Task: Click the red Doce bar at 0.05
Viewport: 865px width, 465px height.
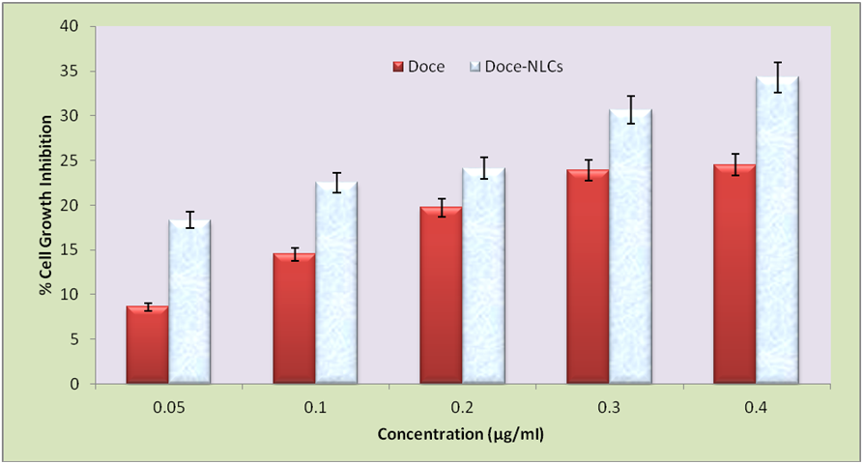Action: click(147, 345)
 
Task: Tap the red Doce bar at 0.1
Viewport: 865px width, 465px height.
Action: click(294, 319)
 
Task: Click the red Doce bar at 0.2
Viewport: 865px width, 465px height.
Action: click(441, 295)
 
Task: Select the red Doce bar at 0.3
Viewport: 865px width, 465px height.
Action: click(588, 276)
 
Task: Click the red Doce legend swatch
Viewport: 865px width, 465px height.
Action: click(397, 67)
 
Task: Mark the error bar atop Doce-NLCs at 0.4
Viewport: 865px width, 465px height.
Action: click(777, 76)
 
